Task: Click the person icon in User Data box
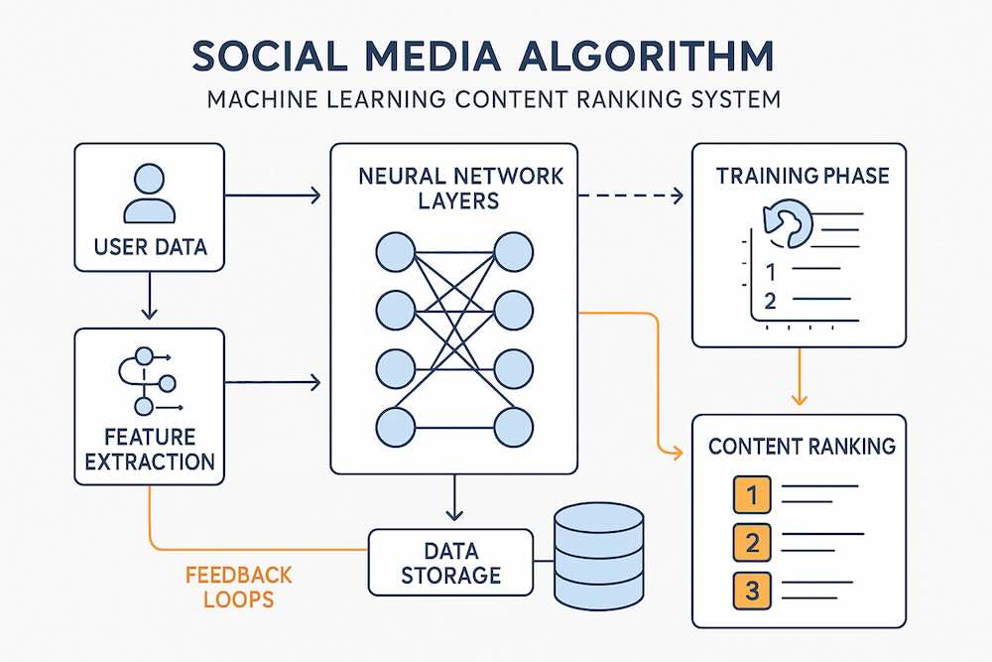click(149, 194)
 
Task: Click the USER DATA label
click(149, 246)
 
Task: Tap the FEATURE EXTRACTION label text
click(150, 450)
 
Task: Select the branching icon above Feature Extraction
click(150, 381)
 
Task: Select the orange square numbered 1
click(752, 494)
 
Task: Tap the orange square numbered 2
click(752, 542)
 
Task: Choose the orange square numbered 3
click(752, 591)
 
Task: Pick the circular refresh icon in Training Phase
click(785, 222)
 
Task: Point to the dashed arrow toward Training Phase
click(631, 196)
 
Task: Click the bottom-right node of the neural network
click(514, 427)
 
